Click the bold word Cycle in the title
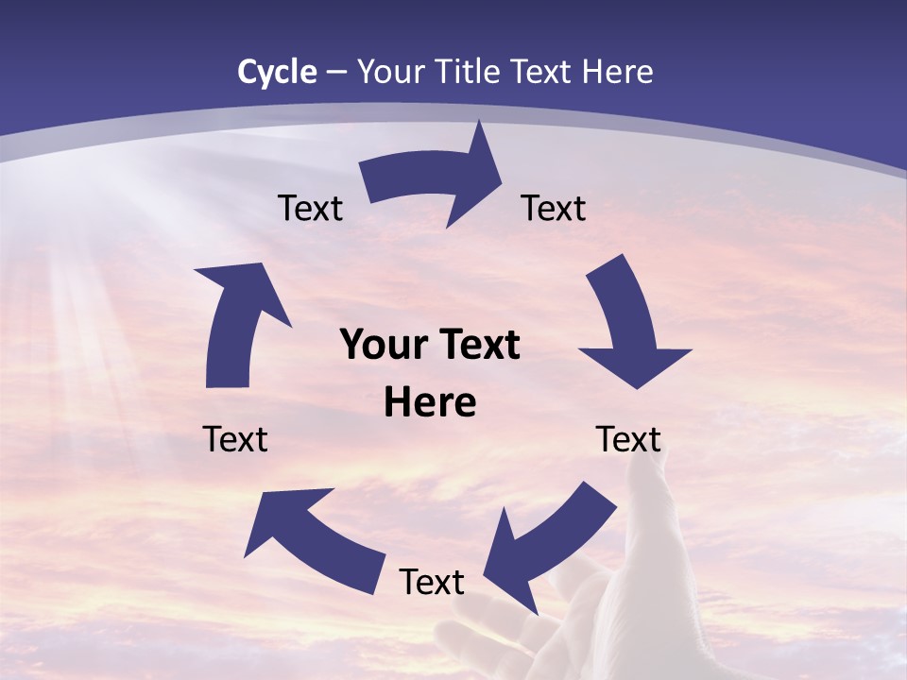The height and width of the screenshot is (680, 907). (277, 72)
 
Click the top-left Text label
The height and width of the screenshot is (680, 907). (310, 209)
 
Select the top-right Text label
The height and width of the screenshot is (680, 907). (554, 209)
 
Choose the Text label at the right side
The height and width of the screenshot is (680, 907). (628, 439)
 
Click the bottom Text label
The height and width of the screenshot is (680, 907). (432, 583)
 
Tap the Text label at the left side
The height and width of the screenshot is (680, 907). (235, 439)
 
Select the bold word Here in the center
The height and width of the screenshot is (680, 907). (430, 403)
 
